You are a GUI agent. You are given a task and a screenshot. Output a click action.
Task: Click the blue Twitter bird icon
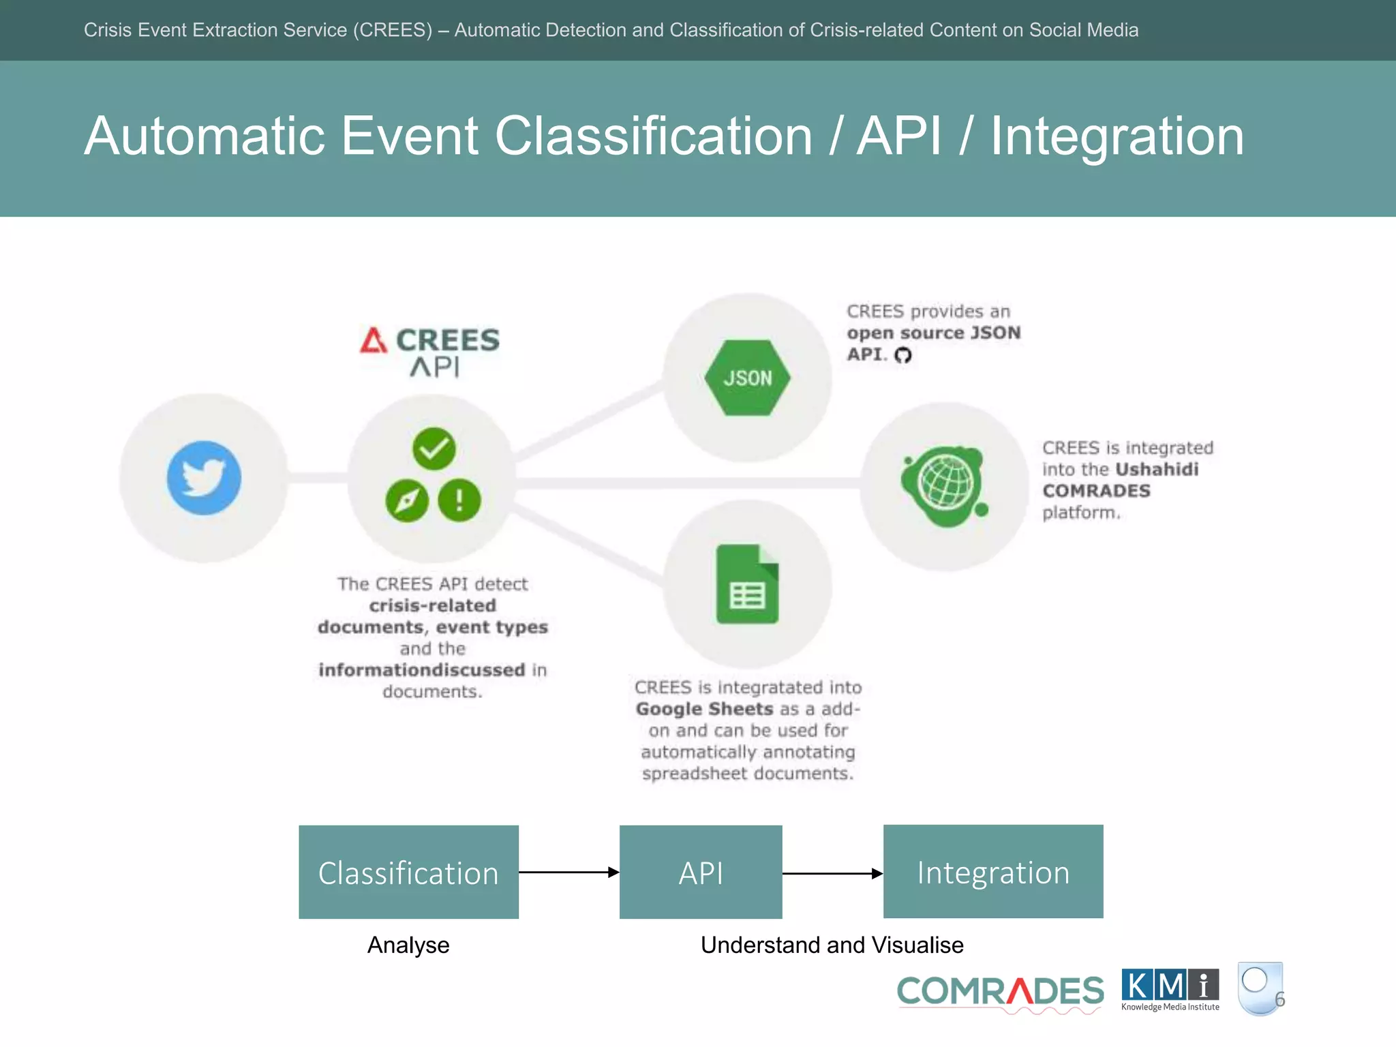tap(204, 477)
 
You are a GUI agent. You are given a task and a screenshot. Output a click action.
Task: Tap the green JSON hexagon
tap(747, 378)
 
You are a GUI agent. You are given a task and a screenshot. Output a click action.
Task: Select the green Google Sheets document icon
tap(747, 584)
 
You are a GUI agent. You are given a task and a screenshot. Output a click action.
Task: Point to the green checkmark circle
tap(434, 449)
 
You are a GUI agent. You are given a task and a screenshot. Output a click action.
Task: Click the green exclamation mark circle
tap(459, 500)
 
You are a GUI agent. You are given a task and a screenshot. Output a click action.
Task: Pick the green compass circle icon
tap(407, 501)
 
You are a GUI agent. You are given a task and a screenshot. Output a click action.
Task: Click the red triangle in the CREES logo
tap(373, 340)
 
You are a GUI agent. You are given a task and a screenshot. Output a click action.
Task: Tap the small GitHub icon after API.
tap(902, 355)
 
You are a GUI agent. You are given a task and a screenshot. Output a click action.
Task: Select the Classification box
tap(408, 872)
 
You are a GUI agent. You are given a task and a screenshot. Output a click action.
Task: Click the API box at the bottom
tap(701, 872)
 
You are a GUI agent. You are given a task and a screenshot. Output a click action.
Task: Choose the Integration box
tap(993, 872)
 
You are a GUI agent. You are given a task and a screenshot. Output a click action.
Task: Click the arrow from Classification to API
tap(568, 872)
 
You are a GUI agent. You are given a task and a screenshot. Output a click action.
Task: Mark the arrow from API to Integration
tap(832, 873)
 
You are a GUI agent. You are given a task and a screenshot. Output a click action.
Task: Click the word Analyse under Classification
tap(408, 945)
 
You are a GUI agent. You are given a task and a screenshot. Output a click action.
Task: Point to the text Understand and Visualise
tap(832, 945)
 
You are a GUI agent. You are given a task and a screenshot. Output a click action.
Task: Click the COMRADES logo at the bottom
tap(1000, 992)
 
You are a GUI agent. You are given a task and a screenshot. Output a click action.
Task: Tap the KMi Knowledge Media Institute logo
tap(1170, 990)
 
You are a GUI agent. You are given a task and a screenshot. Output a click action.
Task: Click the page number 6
tap(1279, 999)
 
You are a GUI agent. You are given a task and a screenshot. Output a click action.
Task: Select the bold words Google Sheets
tap(704, 709)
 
